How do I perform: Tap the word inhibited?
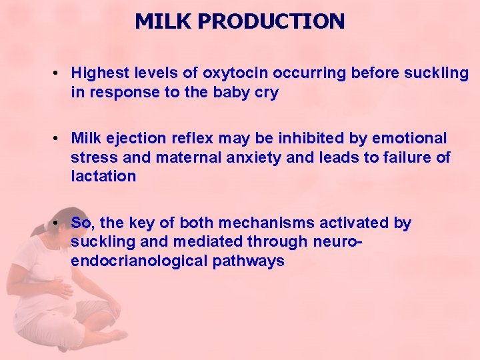(x=301, y=139)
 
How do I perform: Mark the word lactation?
(x=103, y=177)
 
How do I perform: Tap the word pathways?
(x=249, y=261)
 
